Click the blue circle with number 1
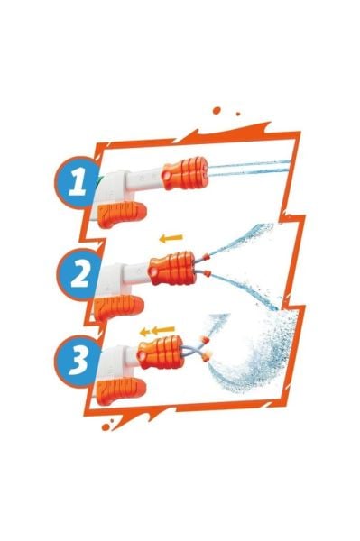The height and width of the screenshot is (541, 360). (77, 182)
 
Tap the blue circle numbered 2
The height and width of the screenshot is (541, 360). (79, 275)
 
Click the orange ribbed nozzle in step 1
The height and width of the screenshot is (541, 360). (185, 173)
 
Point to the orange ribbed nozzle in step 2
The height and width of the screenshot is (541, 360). (171, 268)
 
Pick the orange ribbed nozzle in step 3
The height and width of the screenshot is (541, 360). (161, 352)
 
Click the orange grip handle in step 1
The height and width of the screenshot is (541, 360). (122, 214)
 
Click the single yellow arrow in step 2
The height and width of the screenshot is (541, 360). (171, 238)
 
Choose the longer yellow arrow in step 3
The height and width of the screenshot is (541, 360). (162, 330)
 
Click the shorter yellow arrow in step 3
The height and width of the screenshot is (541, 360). (144, 332)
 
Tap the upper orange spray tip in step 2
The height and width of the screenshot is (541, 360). (206, 256)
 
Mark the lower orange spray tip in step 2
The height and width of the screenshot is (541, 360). (207, 273)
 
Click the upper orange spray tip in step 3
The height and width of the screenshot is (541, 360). (206, 340)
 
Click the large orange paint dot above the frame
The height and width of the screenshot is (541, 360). (217, 110)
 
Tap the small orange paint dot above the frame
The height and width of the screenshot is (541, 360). (238, 114)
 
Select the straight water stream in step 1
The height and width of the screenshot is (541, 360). (249, 168)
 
